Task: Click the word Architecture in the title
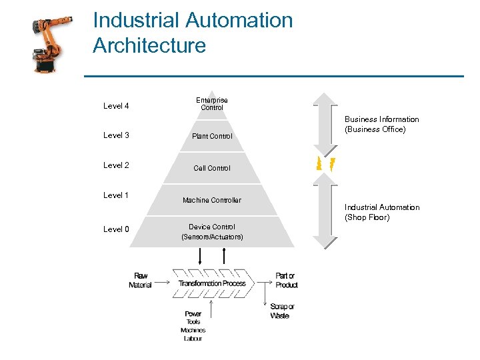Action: pos(149,46)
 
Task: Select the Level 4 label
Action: pos(116,106)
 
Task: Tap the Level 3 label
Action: pos(116,135)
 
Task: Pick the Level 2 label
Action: pos(116,165)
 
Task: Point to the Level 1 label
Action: pos(116,195)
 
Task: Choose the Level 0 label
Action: pos(116,229)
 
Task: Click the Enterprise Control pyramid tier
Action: pos(212,104)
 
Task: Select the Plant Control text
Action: pos(212,136)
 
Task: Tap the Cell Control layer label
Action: pos(212,168)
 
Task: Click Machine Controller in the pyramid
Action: pos(212,200)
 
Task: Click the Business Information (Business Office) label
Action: pos(381,124)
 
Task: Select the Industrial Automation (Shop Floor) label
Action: pos(381,212)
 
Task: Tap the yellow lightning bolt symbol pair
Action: pos(325,163)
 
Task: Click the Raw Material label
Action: pos(140,280)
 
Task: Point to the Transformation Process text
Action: pos(212,283)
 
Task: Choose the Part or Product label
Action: pos(286,280)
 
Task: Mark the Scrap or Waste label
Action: pos(283,311)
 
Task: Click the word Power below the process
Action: pos(193,314)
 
